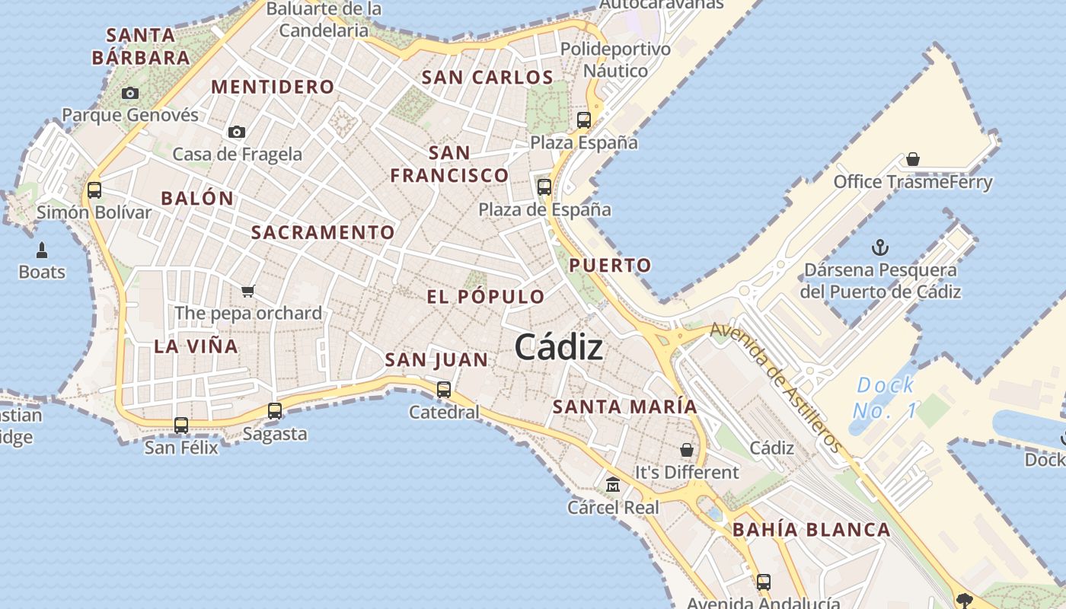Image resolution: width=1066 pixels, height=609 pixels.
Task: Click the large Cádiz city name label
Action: click(x=559, y=348)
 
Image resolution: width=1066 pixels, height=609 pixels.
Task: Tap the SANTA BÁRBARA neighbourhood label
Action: click(x=141, y=46)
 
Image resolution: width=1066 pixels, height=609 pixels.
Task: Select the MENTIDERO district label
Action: click(x=273, y=87)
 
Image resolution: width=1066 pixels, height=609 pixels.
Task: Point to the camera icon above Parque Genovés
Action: click(x=130, y=93)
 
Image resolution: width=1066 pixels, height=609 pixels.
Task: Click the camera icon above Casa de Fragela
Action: click(x=237, y=132)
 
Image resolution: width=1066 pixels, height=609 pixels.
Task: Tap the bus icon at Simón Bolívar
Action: click(x=94, y=190)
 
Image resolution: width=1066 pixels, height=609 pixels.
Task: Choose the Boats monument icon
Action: click(x=41, y=250)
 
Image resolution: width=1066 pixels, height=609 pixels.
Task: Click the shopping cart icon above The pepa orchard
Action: click(x=247, y=291)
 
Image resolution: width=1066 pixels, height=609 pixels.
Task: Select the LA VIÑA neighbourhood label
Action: click(x=196, y=346)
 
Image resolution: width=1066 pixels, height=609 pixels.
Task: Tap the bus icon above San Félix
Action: click(x=181, y=425)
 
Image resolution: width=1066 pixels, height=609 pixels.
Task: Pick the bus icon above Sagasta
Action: click(x=275, y=411)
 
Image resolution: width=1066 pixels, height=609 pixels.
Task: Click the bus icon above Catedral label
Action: click(x=444, y=390)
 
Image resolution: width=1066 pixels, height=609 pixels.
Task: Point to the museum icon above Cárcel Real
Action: click(x=613, y=484)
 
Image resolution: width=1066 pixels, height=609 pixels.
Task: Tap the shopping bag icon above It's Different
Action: click(x=687, y=450)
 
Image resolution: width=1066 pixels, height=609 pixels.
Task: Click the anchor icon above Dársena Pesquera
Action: click(x=880, y=247)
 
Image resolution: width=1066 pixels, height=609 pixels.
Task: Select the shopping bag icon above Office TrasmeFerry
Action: click(x=913, y=159)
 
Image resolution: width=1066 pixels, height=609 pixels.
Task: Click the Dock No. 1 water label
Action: click(x=886, y=398)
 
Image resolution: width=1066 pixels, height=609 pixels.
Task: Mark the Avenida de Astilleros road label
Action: click(x=777, y=387)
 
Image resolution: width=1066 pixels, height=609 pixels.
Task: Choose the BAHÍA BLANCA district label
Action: click(x=811, y=530)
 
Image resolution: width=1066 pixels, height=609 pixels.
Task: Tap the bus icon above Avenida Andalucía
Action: click(x=764, y=582)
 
